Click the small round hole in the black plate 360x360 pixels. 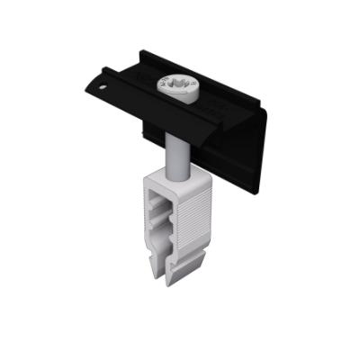105,88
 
